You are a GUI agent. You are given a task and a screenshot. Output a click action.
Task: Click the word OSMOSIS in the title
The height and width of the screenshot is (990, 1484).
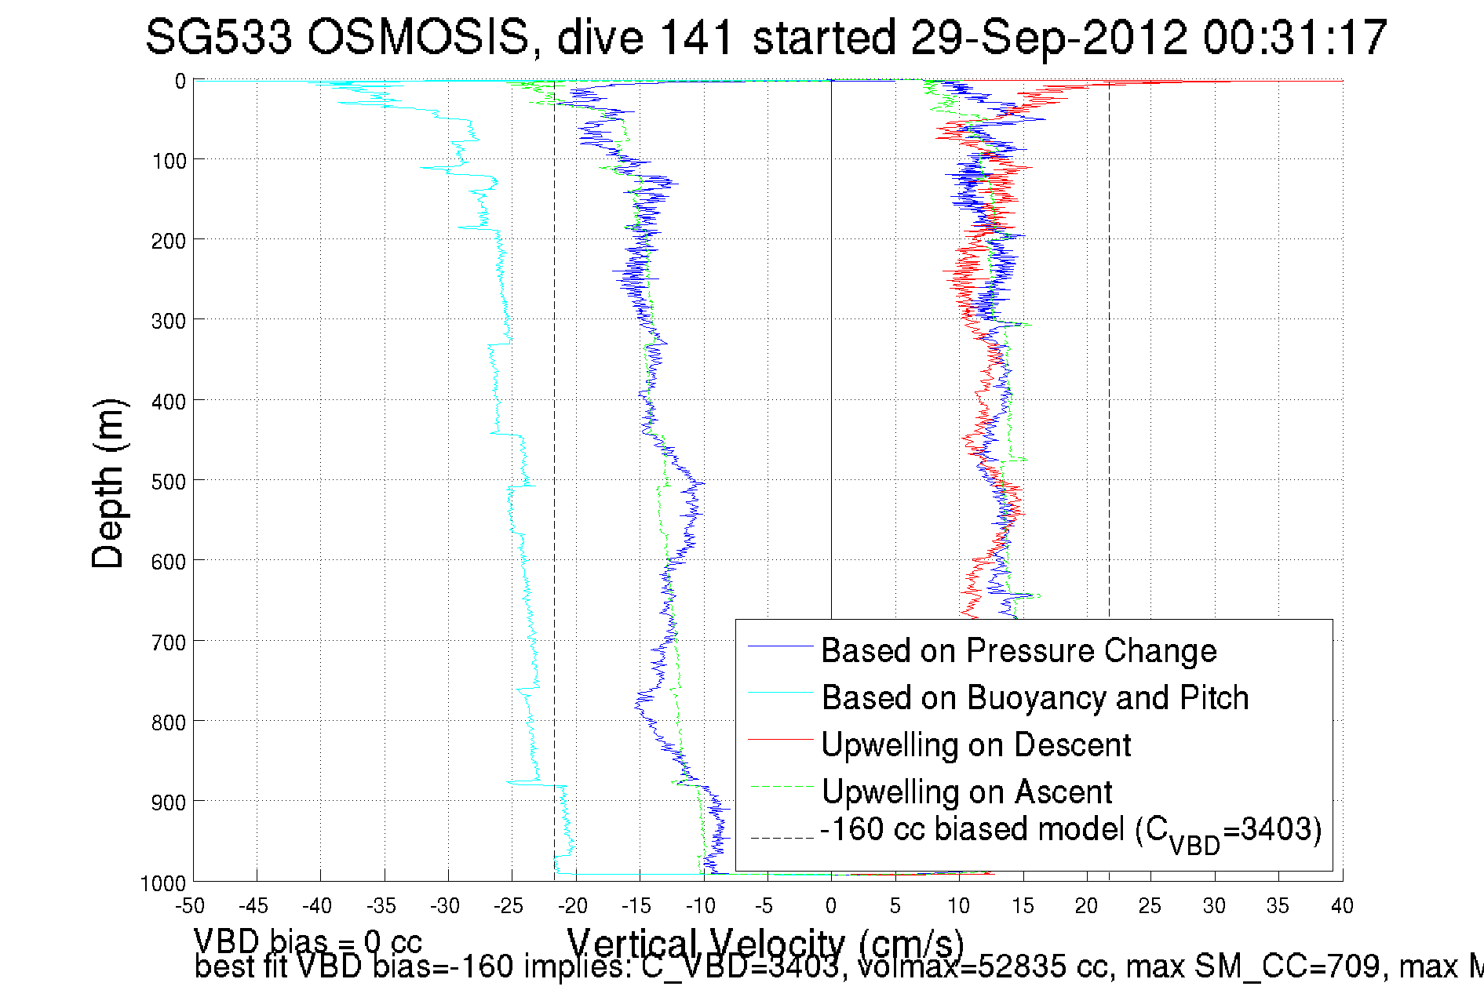tap(418, 37)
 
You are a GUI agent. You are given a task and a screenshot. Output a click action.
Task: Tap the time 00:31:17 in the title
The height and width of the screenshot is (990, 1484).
tap(1295, 37)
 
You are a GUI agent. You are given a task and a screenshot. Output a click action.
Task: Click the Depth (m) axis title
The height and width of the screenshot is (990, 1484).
tap(108, 483)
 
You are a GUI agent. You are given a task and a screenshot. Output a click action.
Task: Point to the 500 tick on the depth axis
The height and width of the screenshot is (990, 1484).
tap(169, 482)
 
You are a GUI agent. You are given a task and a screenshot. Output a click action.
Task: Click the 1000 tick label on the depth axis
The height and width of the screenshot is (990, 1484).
tap(163, 883)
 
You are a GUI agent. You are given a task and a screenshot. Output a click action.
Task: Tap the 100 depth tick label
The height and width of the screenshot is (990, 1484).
tap(169, 161)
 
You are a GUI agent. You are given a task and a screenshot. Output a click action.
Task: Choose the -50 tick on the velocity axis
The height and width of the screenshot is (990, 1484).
tap(190, 906)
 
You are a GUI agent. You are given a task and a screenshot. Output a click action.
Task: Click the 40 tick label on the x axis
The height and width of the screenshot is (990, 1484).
tap(1342, 906)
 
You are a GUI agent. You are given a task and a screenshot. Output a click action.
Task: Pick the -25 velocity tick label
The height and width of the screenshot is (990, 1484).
tap(509, 906)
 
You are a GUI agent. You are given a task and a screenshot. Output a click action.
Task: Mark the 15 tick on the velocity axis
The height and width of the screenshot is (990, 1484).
tap(1023, 906)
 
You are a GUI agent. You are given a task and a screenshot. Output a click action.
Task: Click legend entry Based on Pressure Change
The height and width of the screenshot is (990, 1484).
tap(1019, 650)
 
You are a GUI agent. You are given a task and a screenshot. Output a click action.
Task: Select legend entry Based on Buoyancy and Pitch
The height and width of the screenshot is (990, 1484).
tap(1034, 697)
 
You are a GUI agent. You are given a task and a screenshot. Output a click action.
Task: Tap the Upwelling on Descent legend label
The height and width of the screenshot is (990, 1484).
tap(975, 744)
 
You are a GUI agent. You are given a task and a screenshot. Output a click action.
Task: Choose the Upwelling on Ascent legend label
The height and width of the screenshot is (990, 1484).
tap(967, 792)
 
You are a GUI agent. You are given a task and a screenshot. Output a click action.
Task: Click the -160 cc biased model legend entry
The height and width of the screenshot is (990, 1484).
tap(1070, 832)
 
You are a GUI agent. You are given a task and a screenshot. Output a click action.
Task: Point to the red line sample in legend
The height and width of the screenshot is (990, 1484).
tap(780, 740)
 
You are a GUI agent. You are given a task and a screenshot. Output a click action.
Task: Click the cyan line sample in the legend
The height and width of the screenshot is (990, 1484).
tap(780, 693)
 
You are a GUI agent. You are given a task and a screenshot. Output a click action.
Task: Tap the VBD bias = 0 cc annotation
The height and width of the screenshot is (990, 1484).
tap(308, 941)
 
